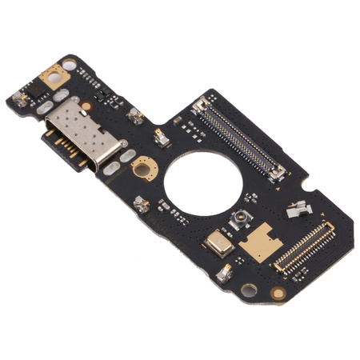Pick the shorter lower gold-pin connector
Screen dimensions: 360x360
click(x=302, y=245)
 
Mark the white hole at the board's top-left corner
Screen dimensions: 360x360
click(x=70, y=64)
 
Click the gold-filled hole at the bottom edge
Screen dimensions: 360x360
click(x=278, y=294)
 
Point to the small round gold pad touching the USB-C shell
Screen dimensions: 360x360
click(x=86, y=105)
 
